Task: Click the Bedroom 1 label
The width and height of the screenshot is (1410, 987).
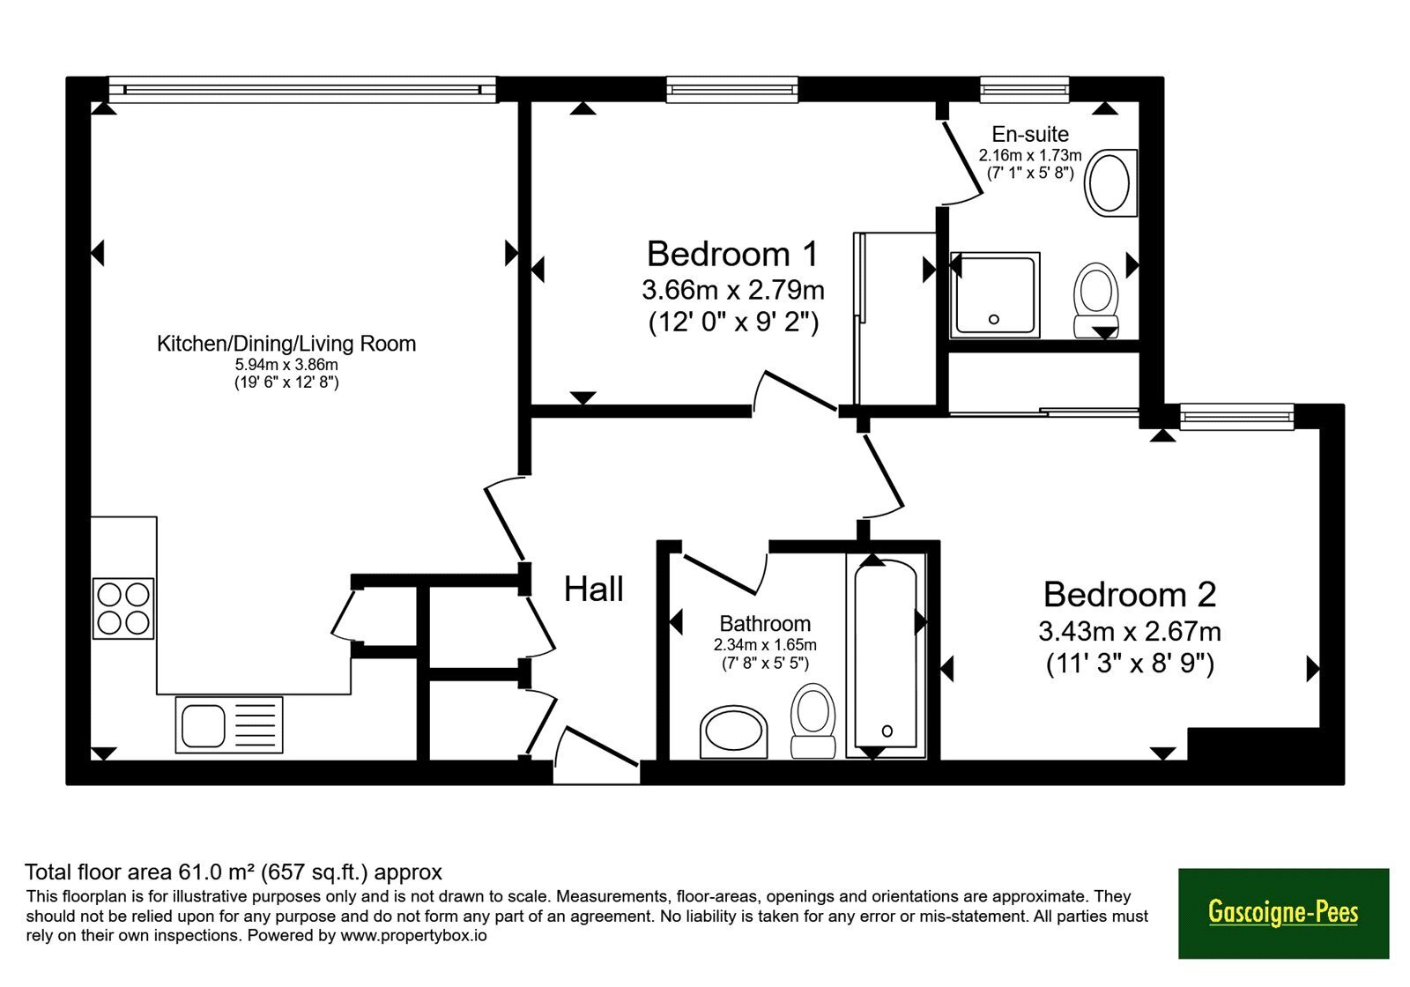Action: point(732,255)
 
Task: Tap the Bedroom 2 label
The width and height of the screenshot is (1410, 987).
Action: point(1130,595)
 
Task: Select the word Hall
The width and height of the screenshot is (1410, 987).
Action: point(594,590)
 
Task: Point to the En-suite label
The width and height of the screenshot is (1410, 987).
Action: point(1030,134)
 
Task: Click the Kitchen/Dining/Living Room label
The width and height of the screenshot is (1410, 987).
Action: point(286,344)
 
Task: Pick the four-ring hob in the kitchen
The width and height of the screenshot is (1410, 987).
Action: point(123,609)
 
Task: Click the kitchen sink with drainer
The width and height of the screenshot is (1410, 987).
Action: point(229,725)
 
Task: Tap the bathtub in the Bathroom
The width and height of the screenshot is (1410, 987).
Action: point(887,656)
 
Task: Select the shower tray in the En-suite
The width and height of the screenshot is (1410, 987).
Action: point(995,294)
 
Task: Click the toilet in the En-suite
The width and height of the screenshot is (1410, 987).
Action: point(1096,301)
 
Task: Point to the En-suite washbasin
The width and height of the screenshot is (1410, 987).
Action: point(1111,183)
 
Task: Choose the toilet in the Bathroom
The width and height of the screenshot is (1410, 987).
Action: point(813,721)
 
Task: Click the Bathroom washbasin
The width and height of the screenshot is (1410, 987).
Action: point(734,732)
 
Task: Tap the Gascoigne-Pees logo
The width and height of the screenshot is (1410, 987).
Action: point(1283,913)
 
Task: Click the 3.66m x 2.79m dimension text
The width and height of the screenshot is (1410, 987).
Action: point(733,290)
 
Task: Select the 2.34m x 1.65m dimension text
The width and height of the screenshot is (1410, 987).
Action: point(766,645)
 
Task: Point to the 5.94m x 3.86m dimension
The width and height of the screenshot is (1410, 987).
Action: point(286,365)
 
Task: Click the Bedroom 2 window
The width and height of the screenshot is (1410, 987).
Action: point(1237,417)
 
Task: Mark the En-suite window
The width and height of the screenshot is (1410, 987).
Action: point(1025,90)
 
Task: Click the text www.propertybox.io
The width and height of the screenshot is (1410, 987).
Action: point(413,935)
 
